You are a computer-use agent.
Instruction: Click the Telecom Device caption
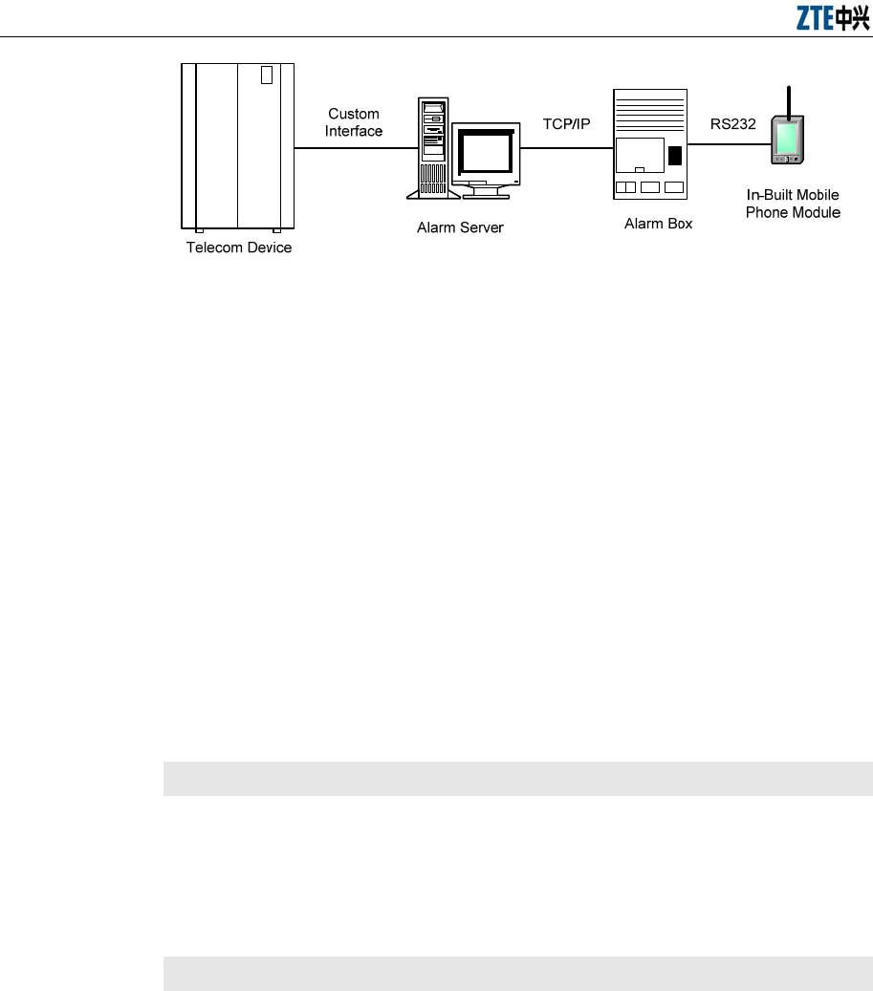238,248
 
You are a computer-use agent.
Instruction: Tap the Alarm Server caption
460,227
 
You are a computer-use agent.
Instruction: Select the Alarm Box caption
658,224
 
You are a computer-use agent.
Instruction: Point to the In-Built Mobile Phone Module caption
793,205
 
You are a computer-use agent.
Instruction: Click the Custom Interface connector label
354,122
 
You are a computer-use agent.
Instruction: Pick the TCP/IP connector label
567,124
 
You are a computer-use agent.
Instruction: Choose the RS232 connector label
732,123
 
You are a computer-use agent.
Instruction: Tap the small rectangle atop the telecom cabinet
268,75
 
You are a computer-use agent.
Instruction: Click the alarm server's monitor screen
486,150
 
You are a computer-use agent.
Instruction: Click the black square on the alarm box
675,156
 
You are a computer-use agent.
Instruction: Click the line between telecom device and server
355,147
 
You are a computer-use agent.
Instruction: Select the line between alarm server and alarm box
566,147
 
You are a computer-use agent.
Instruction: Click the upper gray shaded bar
517,778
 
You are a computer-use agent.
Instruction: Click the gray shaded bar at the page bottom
517,973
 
